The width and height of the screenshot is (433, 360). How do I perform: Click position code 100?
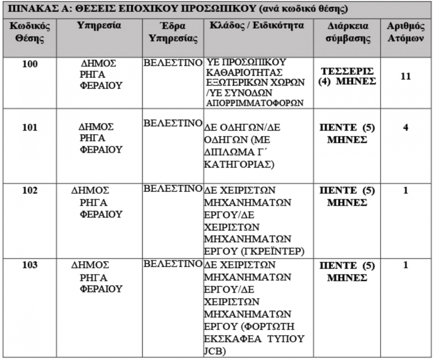30,64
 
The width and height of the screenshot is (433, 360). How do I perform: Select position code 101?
30,128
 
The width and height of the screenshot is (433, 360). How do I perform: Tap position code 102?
30,190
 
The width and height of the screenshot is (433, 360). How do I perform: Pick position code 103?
30,265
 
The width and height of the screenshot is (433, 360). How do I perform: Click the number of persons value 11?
405,76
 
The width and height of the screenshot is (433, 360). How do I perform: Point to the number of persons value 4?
405,128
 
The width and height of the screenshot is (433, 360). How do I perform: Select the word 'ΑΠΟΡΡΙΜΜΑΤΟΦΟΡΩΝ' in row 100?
252,102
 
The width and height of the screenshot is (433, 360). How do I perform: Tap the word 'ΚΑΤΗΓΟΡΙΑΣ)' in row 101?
239,164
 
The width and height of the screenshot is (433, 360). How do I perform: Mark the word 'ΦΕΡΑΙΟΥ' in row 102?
101,215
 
